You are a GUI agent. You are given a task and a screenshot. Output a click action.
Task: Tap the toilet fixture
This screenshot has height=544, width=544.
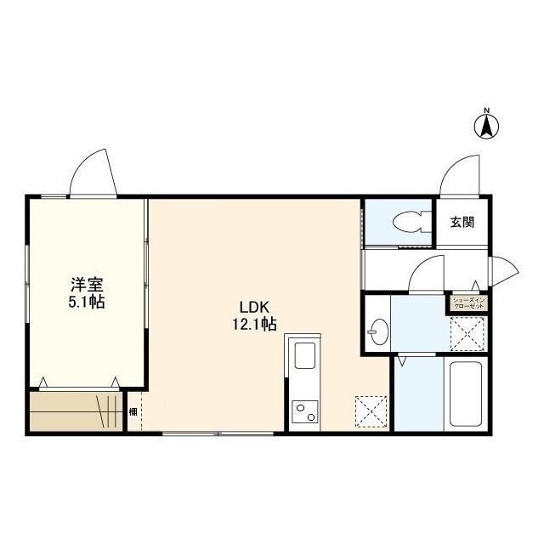tap(410, 223)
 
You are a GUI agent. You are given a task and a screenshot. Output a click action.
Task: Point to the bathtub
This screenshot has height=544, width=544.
tap(466, 396)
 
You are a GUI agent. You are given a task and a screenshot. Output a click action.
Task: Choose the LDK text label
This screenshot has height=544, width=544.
tap(254, 307)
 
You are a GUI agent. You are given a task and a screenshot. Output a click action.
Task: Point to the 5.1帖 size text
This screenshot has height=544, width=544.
tap(86, 303)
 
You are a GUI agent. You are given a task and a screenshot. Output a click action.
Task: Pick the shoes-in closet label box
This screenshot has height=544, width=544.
tap(468, 303)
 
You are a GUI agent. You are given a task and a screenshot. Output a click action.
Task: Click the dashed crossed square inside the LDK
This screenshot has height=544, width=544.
tap(371, 411)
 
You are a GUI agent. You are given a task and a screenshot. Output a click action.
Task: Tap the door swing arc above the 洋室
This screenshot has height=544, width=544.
tap(91, 172)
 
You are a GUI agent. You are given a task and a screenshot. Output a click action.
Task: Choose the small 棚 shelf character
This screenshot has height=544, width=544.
tap(133, 412)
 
